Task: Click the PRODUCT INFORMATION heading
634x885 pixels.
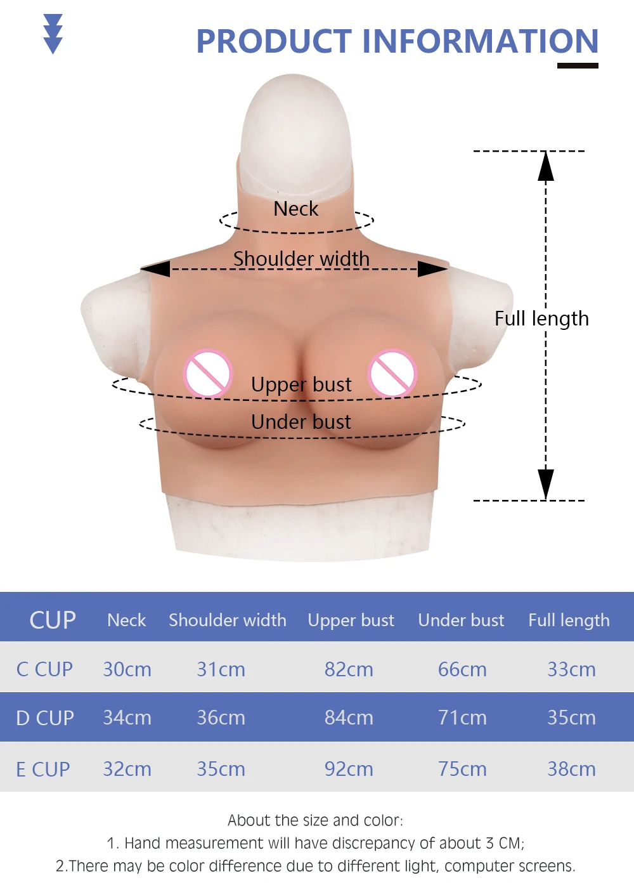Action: [397, 41]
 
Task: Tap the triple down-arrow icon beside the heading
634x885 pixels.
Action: [53, 34]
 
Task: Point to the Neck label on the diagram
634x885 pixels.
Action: [295, 209]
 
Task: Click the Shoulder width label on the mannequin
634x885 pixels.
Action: [301, 259]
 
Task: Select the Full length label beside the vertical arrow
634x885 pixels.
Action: [541, 318]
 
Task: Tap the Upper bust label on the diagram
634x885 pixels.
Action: [301, 384]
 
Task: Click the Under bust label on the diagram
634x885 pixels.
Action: [301, 422]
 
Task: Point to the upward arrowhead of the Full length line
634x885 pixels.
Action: [545, 166]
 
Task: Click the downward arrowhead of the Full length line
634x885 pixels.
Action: [545, 484]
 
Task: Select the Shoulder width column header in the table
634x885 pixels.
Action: [227, 620]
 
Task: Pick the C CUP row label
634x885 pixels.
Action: [44, 669]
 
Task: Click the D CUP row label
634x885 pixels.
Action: [44, 718]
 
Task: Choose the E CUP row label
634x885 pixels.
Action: [42, 769]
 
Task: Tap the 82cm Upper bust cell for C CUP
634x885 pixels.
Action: [349, 669]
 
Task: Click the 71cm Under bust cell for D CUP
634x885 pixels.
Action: [462, 718]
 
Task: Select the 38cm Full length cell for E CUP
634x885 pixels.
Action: [571, 769]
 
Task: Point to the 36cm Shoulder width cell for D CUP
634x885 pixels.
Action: [221, 718]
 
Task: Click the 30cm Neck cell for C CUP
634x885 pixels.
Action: [127, 669]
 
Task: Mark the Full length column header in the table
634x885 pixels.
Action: [569, 620]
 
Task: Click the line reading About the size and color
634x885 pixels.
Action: [315, 820]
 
